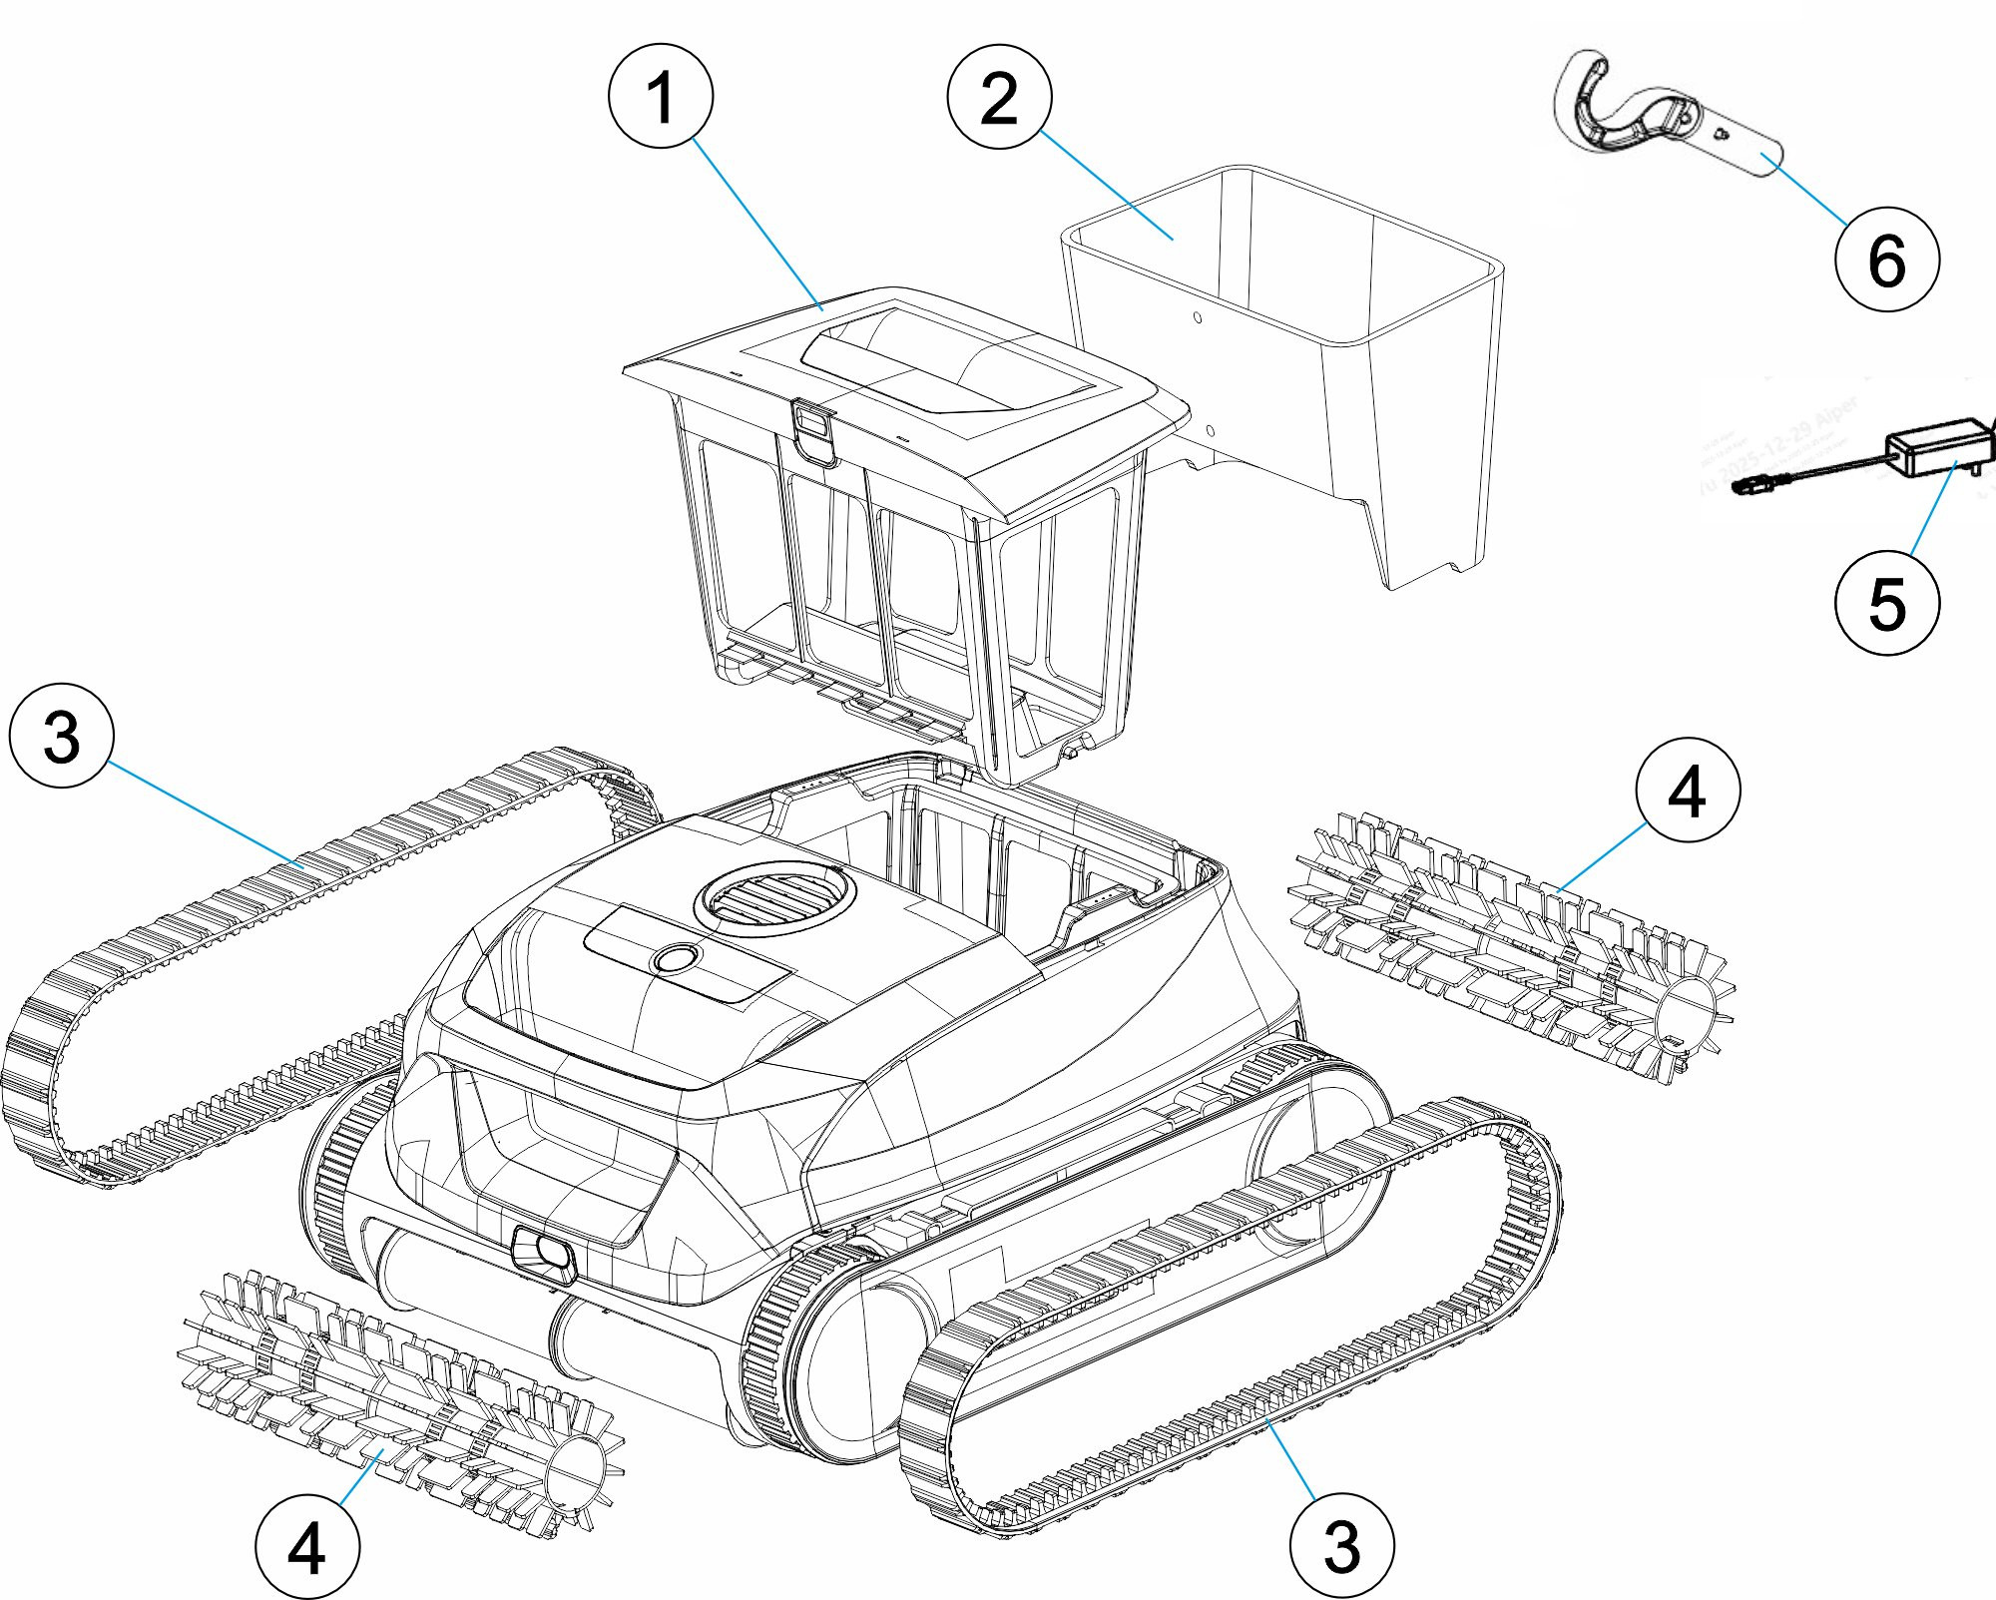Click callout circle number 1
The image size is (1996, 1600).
(x=661, y=97)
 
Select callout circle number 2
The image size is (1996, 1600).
(x=999, y=97)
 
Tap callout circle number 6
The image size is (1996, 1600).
(x=1886, y=260)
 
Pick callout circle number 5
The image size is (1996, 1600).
(x=1886, y=603)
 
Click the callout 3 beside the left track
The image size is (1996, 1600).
(x=62, y=736)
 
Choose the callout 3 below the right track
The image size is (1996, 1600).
(x=1341, y=1545)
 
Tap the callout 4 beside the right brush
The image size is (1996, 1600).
(x=1688, y=791)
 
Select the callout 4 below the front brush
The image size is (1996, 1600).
(x=307, y=1547)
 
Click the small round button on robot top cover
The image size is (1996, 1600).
(x=676, y=958)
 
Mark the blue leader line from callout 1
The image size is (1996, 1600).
(x=755, y=222)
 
